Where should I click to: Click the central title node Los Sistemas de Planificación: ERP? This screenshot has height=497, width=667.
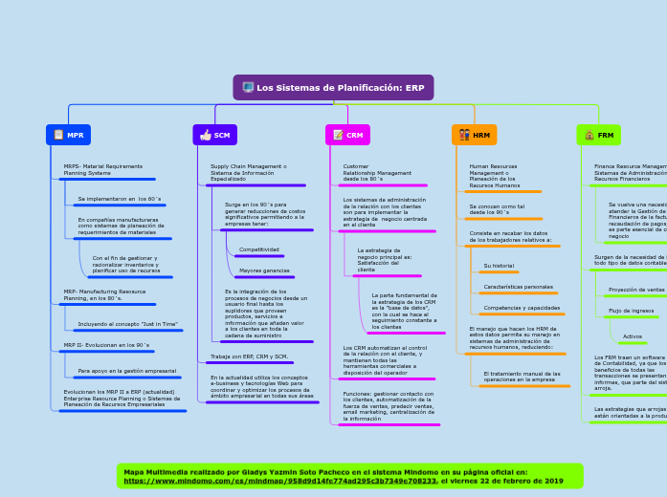coord(333,88)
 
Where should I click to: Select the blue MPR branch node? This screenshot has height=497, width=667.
coord(68,136)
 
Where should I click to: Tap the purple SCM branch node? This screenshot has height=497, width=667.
coord(215,136)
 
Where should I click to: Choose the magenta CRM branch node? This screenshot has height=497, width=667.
coord(347,136)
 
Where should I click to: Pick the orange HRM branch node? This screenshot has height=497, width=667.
coord(474,136)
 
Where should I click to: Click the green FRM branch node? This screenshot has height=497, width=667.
coord(598,136)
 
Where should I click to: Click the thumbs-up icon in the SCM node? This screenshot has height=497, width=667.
coord(205,136)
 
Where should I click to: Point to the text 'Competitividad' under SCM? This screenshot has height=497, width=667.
coord(259,249)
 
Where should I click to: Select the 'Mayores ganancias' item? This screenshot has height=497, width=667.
coord(264,270)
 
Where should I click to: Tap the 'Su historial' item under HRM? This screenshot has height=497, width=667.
coord(499,266)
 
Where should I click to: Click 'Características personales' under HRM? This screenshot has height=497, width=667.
coord(518,287)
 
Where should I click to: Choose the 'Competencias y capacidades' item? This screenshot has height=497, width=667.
coord(522,308)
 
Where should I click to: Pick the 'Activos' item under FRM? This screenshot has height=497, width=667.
coord(633,336)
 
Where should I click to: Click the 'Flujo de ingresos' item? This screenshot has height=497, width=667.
coord(632,311)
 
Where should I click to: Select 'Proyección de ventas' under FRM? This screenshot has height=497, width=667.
coord(636,290)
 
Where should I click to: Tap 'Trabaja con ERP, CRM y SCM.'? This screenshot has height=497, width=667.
coord(249,357)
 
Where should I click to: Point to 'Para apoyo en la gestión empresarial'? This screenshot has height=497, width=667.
coord(127,371)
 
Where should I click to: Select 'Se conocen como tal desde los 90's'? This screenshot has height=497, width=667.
coord(497,209)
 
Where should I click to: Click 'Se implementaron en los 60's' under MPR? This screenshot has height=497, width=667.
coord(120,199)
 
